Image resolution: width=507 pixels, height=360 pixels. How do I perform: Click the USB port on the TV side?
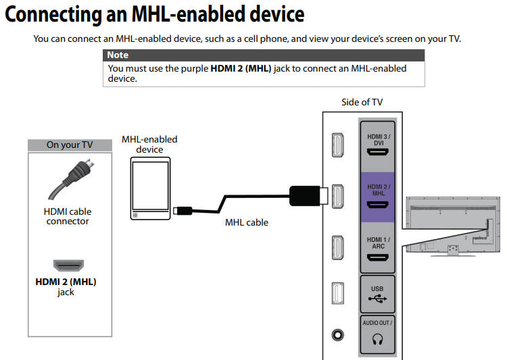(379, 293)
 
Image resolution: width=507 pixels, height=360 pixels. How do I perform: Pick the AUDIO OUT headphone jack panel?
(379, 335)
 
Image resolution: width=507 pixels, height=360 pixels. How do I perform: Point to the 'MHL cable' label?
(246, 222)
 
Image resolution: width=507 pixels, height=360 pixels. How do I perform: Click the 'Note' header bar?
(264, 55)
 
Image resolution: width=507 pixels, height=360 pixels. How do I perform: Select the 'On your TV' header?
(69, 145)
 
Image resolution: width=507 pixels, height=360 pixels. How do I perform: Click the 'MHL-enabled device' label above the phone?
(149, 144)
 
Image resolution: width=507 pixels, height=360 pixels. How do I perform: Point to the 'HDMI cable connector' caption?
(68, 216)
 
